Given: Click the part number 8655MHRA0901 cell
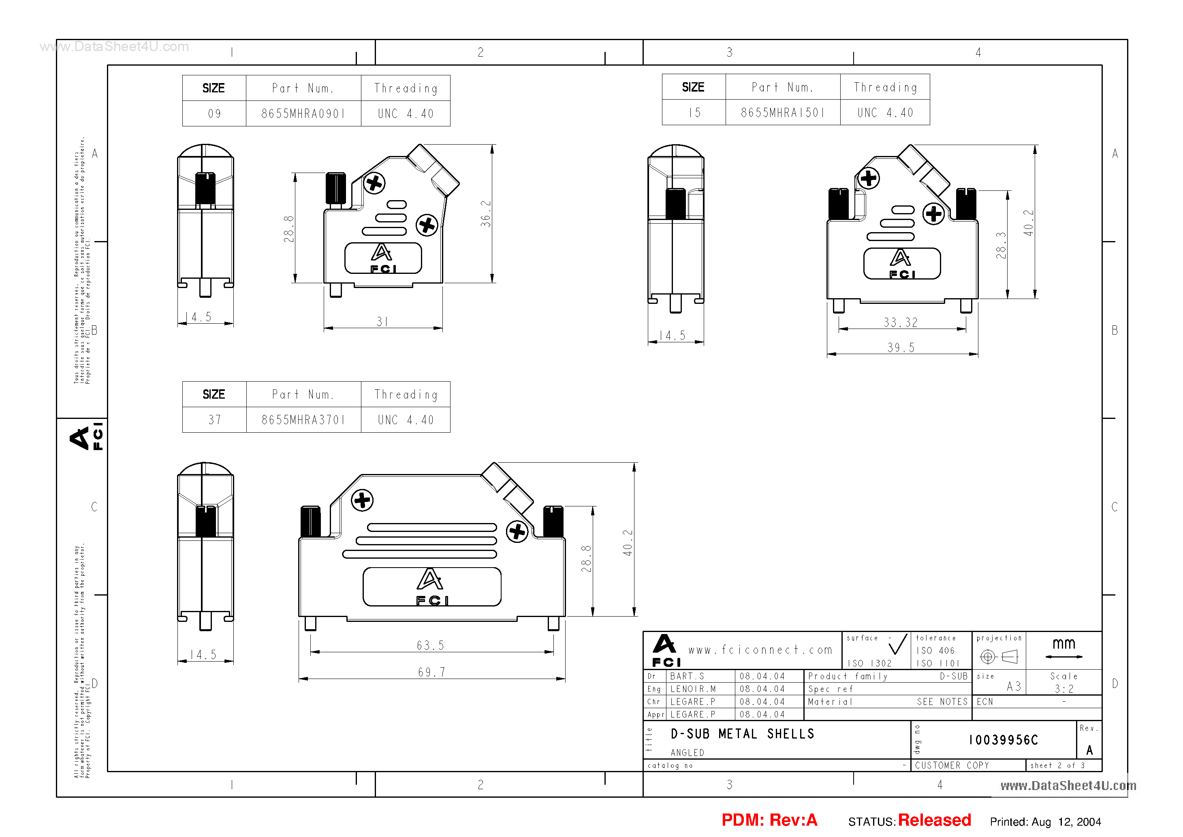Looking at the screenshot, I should click(303, 113).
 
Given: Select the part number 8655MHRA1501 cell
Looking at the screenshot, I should click(782, 112).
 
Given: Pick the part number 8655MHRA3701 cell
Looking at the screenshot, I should click(303, 420).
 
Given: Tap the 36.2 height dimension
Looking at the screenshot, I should click(485, 214).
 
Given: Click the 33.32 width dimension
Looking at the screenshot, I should click(900, 322).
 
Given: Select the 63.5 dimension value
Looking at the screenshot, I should click(430, 645).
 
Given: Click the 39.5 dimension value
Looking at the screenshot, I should click(900, 347).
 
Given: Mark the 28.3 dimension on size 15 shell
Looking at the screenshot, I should click(1000, 246).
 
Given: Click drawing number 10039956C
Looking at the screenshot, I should click(1003, 740).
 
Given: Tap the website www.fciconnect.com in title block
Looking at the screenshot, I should click(760, 650).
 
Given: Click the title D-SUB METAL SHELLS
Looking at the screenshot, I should click(742, 733).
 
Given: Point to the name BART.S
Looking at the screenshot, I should click(687, 676).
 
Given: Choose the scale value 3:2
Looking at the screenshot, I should click(1063, 689).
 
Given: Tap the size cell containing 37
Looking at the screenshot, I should click(214, 420).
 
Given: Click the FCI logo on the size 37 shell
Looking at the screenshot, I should click(432, 587).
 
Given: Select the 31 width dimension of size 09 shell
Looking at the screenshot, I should click(382, 322).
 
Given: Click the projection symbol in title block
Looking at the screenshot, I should click(999, 656).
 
